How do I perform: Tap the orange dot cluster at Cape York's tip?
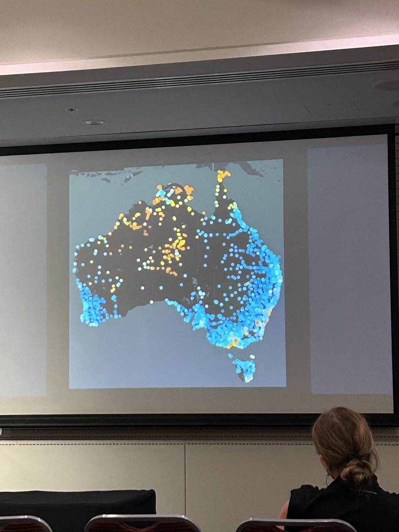[223, 175]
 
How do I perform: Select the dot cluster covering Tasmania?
[245, 368]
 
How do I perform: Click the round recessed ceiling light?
[94, 122]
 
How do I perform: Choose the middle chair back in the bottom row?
[142, 524]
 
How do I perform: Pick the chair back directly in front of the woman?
[295, 525]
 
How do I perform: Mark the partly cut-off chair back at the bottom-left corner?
[24, 524]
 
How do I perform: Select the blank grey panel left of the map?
[22, 279]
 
